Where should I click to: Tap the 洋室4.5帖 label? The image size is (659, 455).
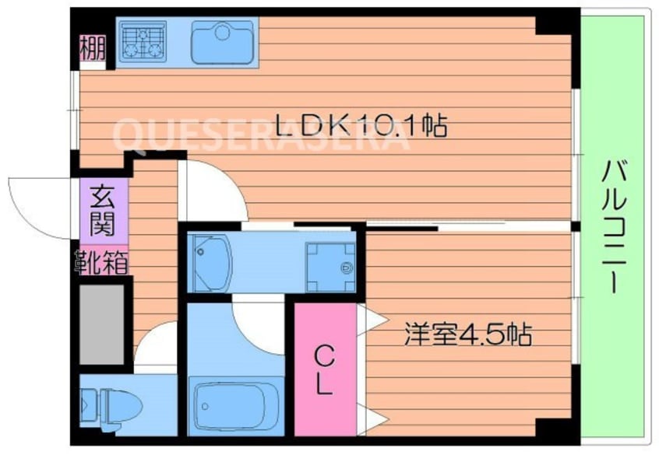point(467,335)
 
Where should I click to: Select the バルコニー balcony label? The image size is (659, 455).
point(615,226)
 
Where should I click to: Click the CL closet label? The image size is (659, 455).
point(324,369)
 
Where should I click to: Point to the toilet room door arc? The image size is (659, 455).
point(156,346)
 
